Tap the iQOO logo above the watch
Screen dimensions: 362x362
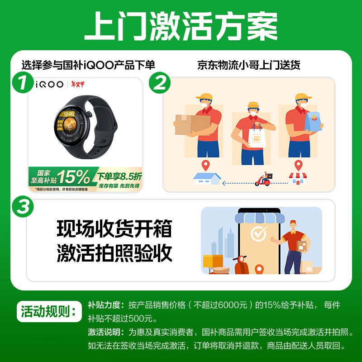[x=50, y=85]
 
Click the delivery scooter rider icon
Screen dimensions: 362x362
[x=264, y=179]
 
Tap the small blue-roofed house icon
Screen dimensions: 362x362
[x=207, y=178]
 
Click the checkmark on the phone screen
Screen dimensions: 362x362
[x=258, y=234]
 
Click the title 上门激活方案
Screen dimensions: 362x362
[x=181, y=26]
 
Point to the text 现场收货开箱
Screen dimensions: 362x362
[x=114, y=229]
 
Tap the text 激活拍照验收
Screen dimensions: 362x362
[x=114, y=253]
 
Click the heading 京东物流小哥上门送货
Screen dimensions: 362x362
[x=249, y=65]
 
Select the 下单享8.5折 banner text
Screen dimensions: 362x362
[x=119, y=176]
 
